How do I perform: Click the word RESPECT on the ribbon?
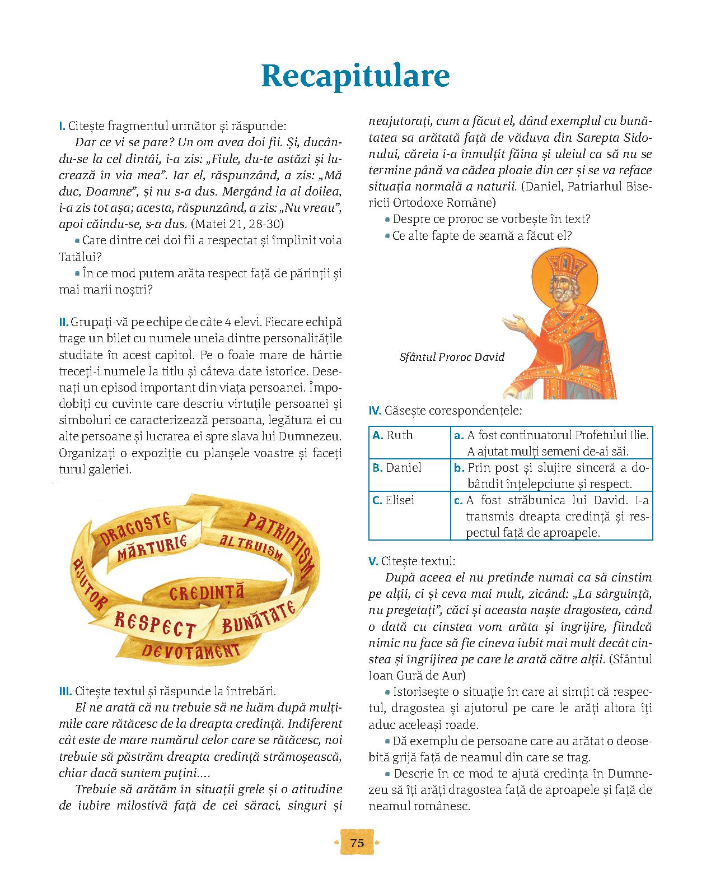tap(154, 623)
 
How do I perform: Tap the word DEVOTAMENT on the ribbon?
tap(190, 651)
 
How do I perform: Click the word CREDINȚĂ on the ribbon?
tap(207, 592)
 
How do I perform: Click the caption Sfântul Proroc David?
tap(452, 357)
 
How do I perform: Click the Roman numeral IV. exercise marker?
tap(375, 411)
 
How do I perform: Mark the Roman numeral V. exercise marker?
tap(373, 561)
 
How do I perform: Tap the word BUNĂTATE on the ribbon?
tap(259, 616)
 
